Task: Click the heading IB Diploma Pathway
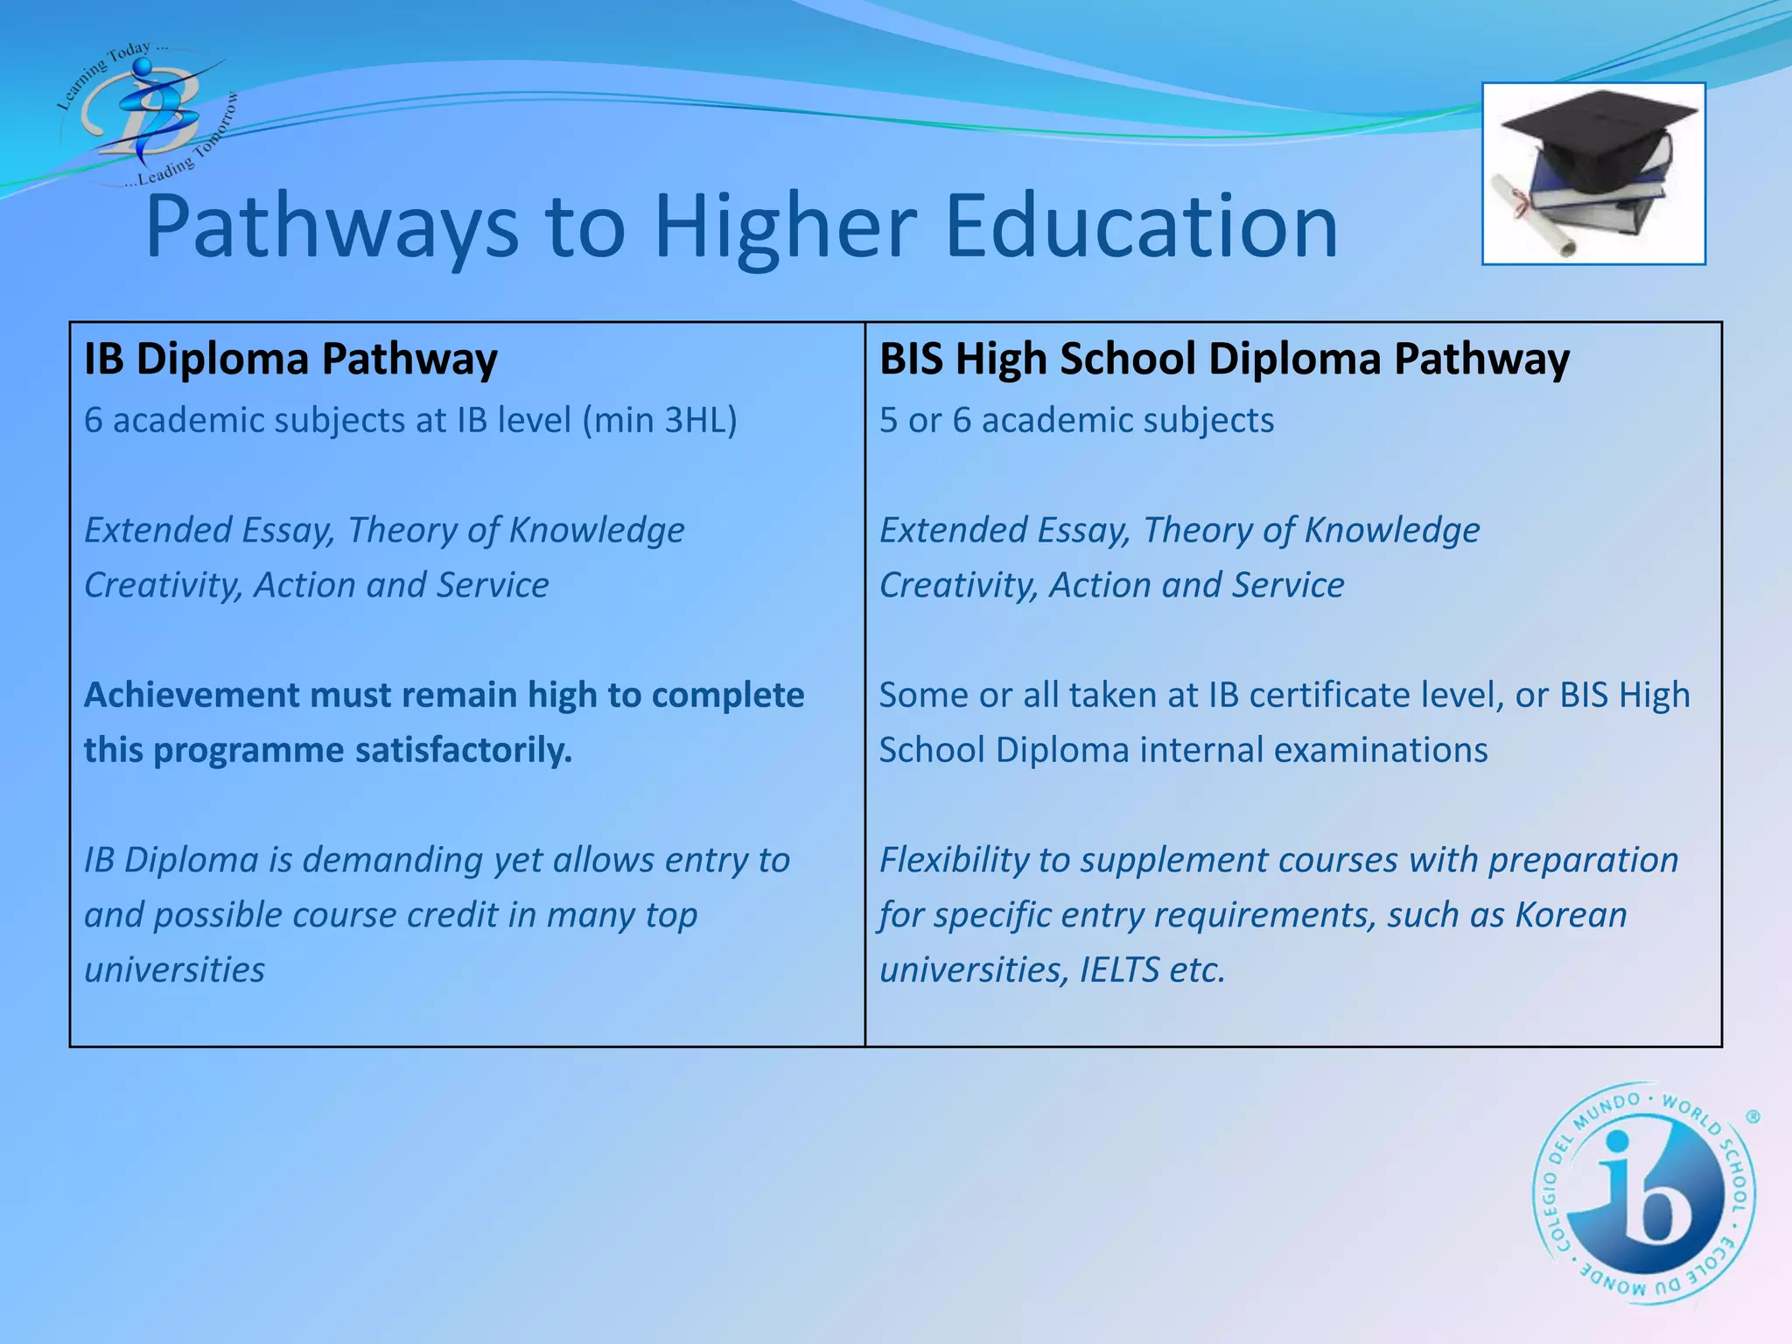[x=290, y=359]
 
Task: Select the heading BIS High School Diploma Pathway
[x=1224, y=359]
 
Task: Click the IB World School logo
[x=1643, y=1193]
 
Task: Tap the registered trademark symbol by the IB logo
[x=1753, y=1116]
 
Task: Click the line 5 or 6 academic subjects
[x=1076, y=420]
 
